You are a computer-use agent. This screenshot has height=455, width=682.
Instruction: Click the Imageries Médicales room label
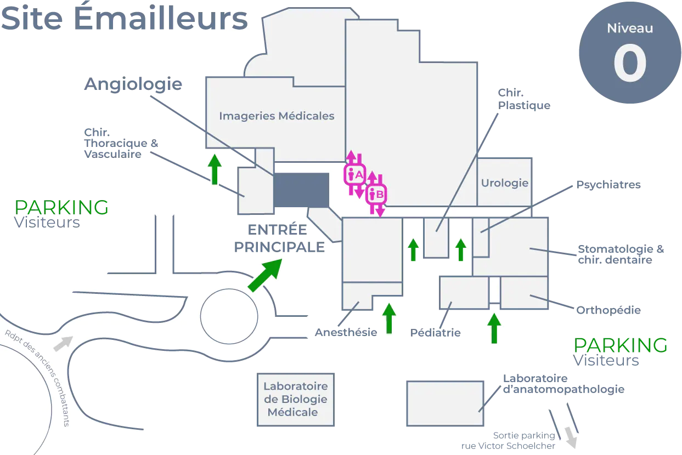pyautogui.click(x=277, y=116)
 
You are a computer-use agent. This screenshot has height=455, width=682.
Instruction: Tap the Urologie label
pyautogui.click(x=504, y=183)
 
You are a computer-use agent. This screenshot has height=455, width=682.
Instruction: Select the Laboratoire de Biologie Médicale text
pyautogui.click(x=295, y=399)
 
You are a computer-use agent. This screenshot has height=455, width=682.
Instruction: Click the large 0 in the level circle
pyautogui.click(x=629, y=64)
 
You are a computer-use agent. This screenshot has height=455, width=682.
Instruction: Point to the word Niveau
pyautogui.click(x=630, y=29)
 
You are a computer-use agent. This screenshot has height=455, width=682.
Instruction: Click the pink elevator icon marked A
pyautogui.click(x=354, y=174)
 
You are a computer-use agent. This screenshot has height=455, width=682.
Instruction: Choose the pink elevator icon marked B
pyautogui.click(x=376, y=194)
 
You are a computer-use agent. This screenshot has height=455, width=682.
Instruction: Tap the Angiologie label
pyautogui.click(x=134, y=85)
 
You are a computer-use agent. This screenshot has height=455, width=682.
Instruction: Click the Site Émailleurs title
pyautogui.click(x=123, y=19)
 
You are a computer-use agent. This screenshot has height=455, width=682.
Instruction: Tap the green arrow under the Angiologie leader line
pyautogui.click(x=215, y=169)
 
